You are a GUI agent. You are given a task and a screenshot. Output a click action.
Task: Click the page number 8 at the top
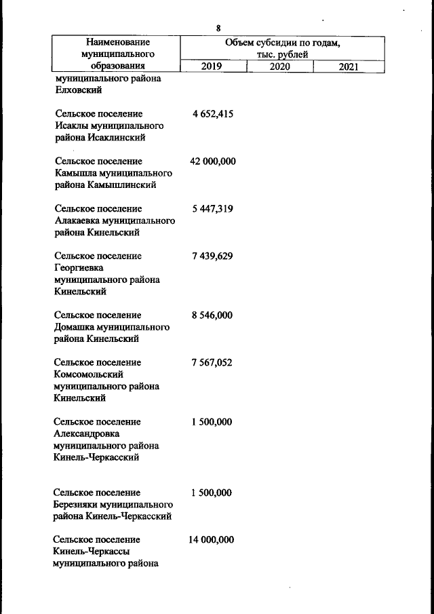coord(218,28)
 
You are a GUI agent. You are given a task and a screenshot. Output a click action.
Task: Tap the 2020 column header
coord(279,66)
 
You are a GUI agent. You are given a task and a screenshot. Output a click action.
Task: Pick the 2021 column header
coord(347,66)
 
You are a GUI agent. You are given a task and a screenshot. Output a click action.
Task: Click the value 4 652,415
coord(212,114)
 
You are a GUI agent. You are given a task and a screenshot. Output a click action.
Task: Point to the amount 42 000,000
coord(212,161)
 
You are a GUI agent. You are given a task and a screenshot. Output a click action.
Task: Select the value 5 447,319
coord(212,209)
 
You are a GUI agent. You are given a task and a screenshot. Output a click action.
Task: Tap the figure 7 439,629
coord(212,256)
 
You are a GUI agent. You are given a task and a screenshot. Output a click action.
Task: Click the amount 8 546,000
coord(212,315)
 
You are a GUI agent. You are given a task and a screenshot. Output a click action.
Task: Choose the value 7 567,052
coord(212,363)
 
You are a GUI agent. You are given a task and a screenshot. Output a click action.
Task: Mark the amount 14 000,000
coord(212,540)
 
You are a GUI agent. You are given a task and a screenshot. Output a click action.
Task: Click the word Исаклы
coord(71,126)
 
